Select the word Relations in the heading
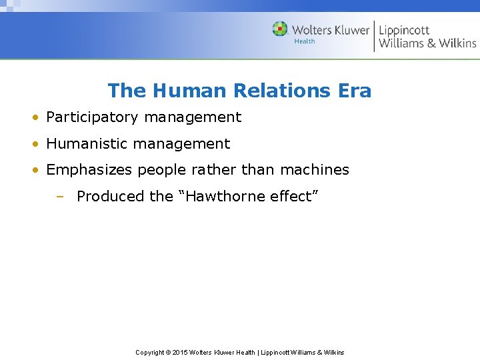coord(280,91)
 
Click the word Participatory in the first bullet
coord(92,117)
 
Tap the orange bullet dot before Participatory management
coord(33,118)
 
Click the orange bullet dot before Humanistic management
coord(33,145)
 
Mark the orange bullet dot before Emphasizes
coord(33,171)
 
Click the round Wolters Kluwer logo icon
coord(280,29)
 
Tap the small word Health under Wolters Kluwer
coord(304,41)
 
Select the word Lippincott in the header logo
coord(404,30)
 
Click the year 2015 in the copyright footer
coord(180,352)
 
